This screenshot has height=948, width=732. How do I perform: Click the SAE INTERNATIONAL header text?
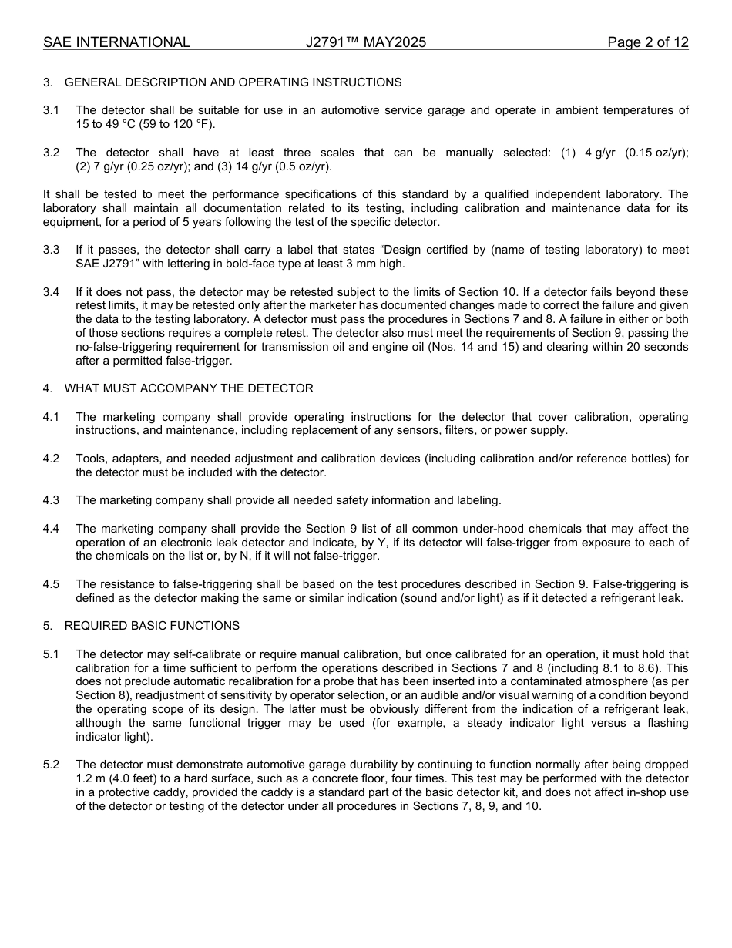point(116,42)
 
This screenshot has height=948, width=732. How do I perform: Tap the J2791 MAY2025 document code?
point(365,42)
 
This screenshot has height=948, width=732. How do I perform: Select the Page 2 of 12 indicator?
point(647,42)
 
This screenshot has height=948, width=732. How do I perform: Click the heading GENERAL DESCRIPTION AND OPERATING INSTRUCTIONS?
point(233,82)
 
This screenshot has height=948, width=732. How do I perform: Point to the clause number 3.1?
point(51,110)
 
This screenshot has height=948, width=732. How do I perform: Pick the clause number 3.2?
point(51,153)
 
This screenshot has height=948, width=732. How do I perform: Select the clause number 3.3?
point(51,250)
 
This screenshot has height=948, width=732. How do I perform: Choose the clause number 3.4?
point(51,292)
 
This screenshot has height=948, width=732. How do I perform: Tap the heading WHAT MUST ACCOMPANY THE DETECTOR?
point(189,388)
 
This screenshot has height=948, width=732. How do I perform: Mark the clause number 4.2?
point(51,459)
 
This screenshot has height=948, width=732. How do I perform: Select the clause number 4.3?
point(51,500)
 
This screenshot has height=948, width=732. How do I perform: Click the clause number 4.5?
point(51,584)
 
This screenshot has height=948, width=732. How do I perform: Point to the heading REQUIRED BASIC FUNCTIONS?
point(152,626)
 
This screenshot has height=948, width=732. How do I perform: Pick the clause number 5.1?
point(51,654)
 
